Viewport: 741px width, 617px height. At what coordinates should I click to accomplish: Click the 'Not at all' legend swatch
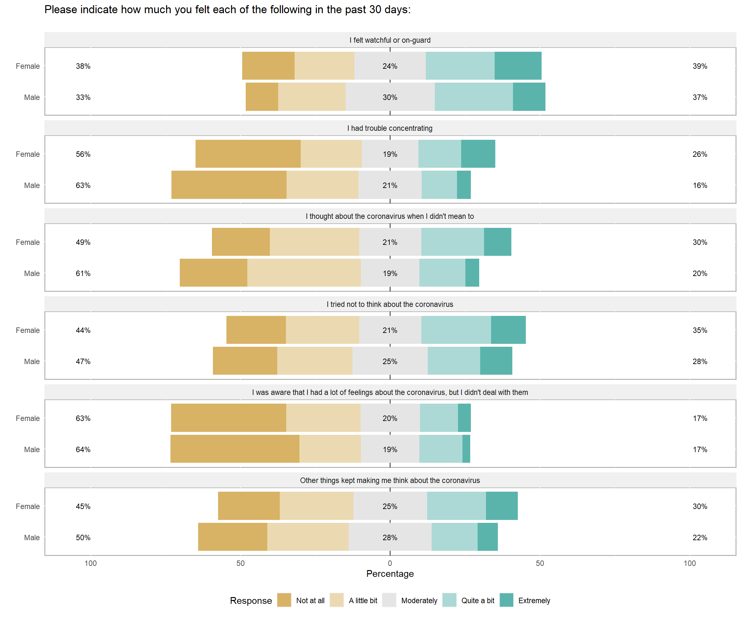pyautogui.click(x=284, y=600)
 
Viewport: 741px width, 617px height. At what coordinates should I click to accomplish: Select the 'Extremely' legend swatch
pyautogui.click(x=506, y=600)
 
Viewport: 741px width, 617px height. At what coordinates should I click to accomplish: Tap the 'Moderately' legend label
pyautogui.click(x=419, y=600)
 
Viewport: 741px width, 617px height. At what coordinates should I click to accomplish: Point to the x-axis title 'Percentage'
pyautogui.click(x=390, y=574)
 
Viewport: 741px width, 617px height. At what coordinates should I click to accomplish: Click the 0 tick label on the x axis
pyautogui.click(x=390, y=563)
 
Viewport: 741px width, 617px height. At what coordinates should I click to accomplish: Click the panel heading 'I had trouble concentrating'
pyautogui.click(x=389, y=128)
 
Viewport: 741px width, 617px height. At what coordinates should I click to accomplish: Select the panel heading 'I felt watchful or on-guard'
pyautogui.click(x=389, y=40)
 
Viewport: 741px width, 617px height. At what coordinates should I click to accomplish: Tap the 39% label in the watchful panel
pyautogui.click(x=700, y=66)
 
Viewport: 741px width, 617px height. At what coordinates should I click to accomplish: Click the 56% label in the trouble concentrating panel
pyautogui.click(x=83, y=155)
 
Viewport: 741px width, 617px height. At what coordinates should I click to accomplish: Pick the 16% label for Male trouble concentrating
pyautogui.click(x=700, y=185)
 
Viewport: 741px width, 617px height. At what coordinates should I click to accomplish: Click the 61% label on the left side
pyautogui.click(x=83, y=273)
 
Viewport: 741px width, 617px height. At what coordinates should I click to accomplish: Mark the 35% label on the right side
pyautogui.click(x=700, y=330)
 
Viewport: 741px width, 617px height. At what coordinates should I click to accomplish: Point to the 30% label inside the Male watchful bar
pyautogui.click(x=390, y=97)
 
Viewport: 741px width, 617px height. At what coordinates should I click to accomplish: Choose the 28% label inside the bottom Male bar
pyautogui.click(x=390, y=538)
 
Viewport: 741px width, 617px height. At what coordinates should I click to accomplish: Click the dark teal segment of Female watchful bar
pyautogui.click(x=518, y=66)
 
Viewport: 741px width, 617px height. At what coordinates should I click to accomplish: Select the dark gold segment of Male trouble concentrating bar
pyautogui.click(x=229, y=185)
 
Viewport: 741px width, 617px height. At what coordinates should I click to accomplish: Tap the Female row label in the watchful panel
pyautogui.click(x=28, y=66)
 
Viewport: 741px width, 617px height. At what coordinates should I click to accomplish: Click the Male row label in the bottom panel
pyautogui.click(x=32, y=538)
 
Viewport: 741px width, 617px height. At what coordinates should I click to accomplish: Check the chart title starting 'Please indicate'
pyautogui.click(x=228, y=10)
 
